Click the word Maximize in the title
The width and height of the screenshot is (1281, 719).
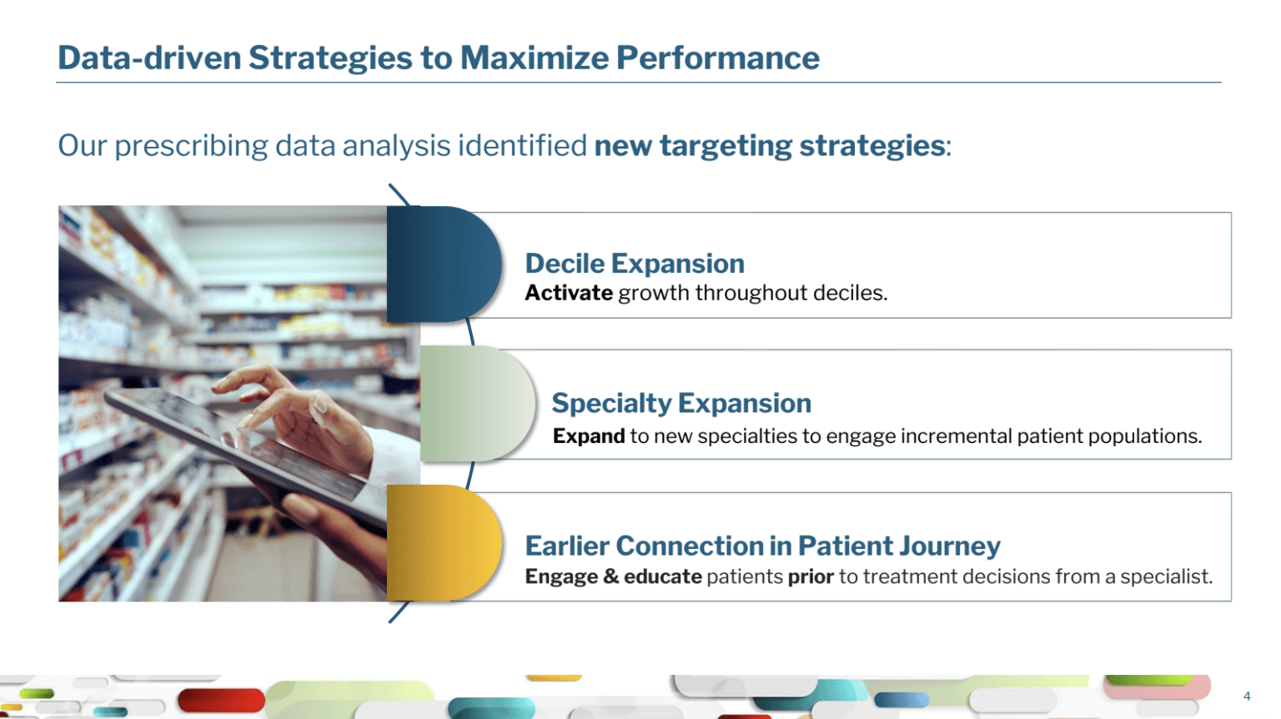coord(535,58)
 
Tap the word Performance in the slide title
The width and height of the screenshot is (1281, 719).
coord(718,58)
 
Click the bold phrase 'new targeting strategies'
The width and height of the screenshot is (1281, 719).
coord(769,146)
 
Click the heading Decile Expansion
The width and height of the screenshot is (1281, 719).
coord(635,264)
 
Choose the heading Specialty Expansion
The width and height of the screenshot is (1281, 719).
coord(681,403)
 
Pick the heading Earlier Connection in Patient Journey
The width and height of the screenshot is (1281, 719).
coord(763,546)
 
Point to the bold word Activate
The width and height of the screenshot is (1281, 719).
coord(569,293)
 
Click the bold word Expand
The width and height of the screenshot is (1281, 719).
coord(589,436)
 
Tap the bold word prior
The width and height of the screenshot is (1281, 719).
coord(811,576)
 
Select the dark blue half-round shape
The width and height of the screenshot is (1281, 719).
coord(445,264)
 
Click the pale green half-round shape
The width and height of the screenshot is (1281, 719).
coord(478,404)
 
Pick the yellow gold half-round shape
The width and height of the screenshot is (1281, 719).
coord(445,543)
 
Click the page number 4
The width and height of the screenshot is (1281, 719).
coord(1248,696)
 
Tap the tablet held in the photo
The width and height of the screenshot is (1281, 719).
coord(240,445)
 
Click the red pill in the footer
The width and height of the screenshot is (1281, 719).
coord(221,700)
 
